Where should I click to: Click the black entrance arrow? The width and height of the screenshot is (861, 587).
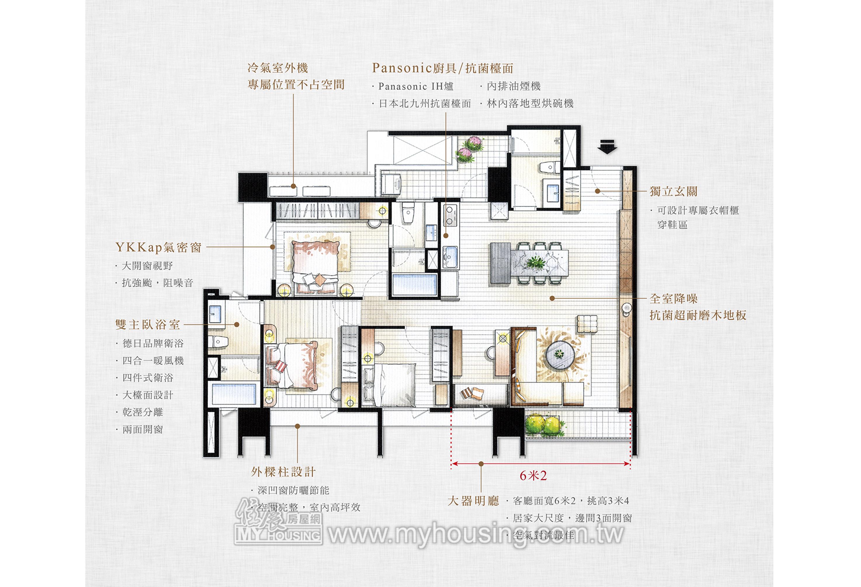tap(607, 146)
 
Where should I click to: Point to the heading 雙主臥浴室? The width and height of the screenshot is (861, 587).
tap(148, 324)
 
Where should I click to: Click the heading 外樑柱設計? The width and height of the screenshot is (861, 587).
tap(283, 472)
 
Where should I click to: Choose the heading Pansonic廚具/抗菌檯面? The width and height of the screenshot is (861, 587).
tap(443, 68)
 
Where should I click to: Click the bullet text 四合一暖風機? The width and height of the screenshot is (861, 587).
tap(153, 360)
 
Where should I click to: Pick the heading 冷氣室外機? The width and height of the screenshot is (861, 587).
tap(278, 68)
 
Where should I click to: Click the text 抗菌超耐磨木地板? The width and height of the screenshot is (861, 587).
tap(698, 315)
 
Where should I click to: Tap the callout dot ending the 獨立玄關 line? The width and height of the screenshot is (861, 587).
tap(597, 191)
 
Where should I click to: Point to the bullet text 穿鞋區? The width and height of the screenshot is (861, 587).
tap(673, 225)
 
